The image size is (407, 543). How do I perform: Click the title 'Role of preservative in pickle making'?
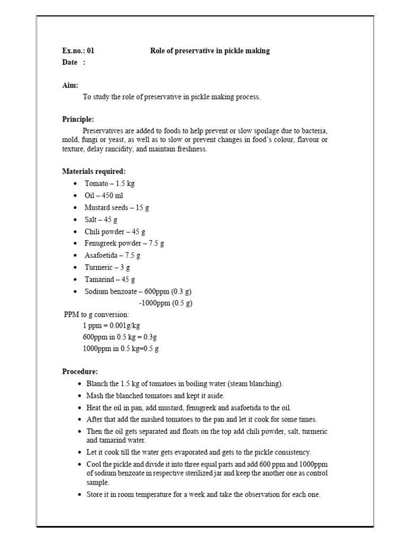click(x=210, y=51)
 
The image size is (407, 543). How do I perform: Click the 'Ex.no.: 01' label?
click(x=78, y=51)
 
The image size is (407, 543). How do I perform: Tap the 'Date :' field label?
click(x=74, y=63)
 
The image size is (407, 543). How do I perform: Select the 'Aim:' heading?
click(x=70, y=85)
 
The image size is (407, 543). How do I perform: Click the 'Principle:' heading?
click(x=78, y=119)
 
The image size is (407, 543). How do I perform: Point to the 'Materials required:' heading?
click(x=94, y=171)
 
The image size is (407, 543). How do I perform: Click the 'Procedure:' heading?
click(x=80, y=372)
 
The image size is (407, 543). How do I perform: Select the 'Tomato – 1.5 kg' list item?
click(x=110, y=183)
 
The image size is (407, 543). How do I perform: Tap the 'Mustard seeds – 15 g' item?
click(x=117, y=208)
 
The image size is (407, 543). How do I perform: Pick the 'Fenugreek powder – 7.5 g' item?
click(x=124, y=243)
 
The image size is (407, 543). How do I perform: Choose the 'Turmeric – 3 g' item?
click(x=107, y=268)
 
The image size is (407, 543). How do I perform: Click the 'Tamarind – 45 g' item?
click(x=110, y=279)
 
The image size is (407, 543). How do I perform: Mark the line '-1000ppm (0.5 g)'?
click(x=165, y=303)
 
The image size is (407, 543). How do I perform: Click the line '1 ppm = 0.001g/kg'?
click(x=111, y=326)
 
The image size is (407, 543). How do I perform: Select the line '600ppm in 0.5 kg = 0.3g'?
click(x=120, y=337)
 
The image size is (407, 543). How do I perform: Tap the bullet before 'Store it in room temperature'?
click(x=79, y=495)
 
